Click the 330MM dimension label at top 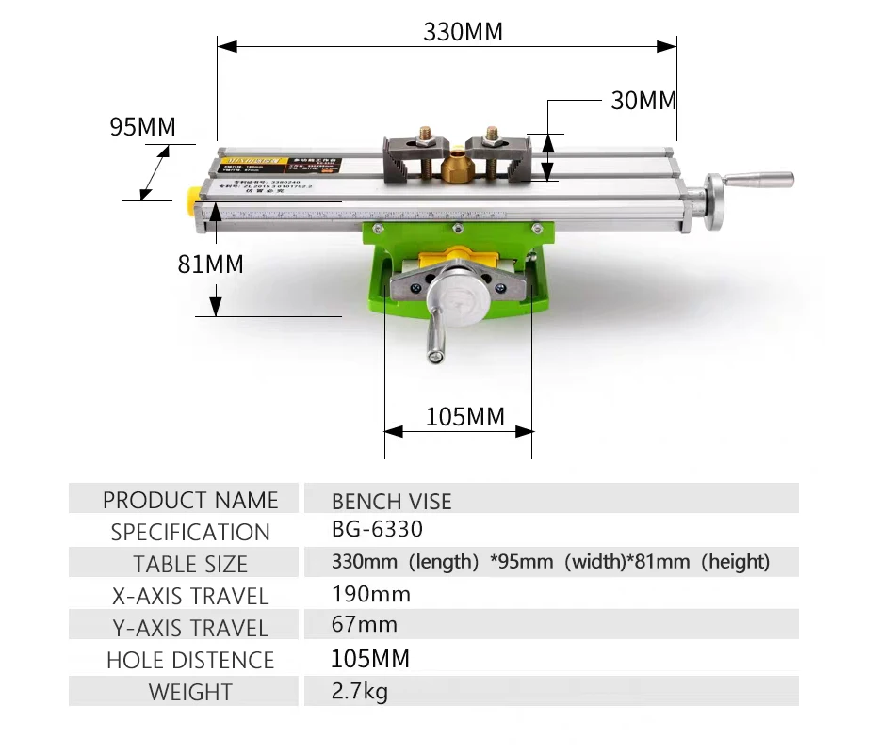463,31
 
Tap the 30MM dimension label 643,101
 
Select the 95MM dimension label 142,127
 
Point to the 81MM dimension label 210,264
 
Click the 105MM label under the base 465,416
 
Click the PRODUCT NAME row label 190,500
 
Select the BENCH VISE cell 391,501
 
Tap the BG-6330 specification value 377,529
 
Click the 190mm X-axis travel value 371,594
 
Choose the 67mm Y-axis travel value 365,625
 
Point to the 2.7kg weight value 359,692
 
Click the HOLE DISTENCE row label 190,660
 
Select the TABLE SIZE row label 190,564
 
